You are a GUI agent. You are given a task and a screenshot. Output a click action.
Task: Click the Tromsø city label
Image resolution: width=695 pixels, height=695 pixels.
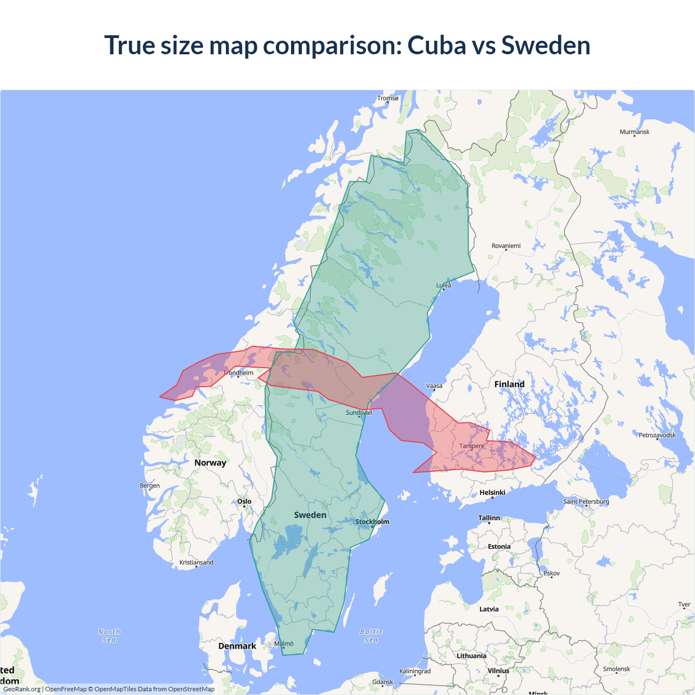[x=388, y=98]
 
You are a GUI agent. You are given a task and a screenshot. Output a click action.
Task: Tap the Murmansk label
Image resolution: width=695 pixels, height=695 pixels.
[x=634, y=132]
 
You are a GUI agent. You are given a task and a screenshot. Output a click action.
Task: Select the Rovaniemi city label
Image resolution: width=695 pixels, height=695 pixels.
[x=506, y=246]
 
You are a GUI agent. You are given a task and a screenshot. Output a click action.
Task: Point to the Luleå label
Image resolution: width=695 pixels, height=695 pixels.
[x=444, y=285]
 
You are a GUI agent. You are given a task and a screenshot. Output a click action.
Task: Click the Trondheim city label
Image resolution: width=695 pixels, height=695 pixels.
[x=238, y=373]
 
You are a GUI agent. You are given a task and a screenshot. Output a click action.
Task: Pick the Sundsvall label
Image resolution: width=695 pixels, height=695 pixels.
[x=359, y=413]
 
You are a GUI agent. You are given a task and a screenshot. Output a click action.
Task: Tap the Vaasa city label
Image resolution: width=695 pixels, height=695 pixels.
[x=434, y=386]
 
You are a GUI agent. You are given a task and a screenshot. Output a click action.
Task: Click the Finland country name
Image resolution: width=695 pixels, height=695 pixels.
[x=509, y=384]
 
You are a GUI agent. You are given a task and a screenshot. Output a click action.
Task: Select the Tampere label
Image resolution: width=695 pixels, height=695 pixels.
[x=472, y=446]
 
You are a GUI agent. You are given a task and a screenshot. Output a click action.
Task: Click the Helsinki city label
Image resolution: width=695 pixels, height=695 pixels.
[x=492, y=493]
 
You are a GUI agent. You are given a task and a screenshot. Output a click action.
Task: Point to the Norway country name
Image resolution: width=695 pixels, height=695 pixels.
[x=210, y=463]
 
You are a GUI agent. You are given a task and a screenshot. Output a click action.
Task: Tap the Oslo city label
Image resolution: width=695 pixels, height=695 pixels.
[x=244, y=502]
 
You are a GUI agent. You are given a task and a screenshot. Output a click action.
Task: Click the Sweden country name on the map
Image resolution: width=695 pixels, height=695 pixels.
[x=310, y=515]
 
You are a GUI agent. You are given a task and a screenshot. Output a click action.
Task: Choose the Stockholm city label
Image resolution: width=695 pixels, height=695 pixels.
[x=372, y=522]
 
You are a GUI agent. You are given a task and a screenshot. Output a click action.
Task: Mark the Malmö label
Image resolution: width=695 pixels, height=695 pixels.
[x=284, y=644]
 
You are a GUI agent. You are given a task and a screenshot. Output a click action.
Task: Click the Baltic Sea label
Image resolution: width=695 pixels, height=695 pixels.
[x=371, y=636]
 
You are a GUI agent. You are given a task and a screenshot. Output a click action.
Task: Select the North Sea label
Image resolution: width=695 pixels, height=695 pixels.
[x=109, y=636]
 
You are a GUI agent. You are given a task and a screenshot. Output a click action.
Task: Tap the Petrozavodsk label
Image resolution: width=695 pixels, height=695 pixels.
[x=657, y=435]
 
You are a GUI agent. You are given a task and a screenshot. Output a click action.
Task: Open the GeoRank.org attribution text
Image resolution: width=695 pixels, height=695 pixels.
[x=22, y=689]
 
